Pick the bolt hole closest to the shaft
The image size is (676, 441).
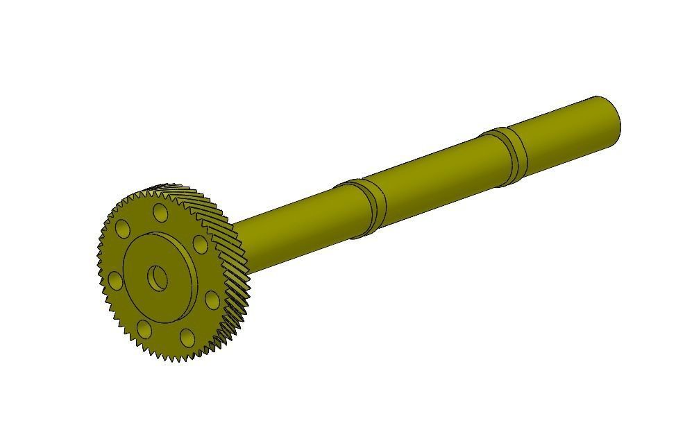pos(198,243)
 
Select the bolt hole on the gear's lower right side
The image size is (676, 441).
pos(212,300)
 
